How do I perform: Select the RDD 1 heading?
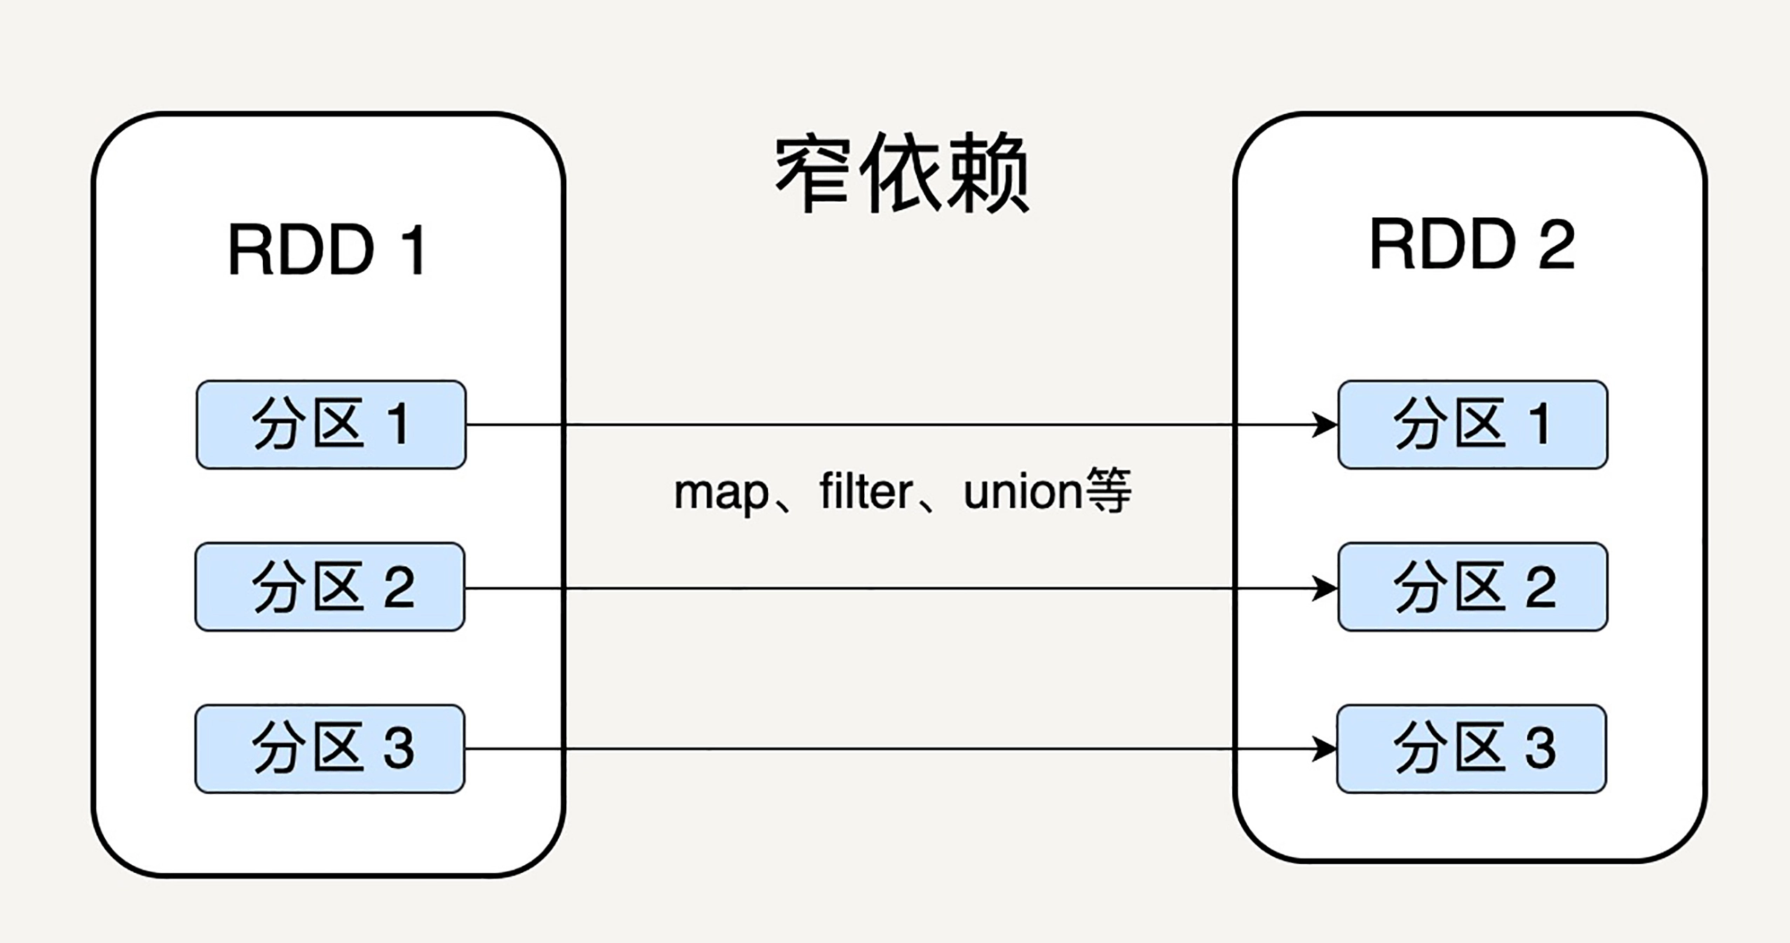coord(327,249)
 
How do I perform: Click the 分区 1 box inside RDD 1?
coord(331,425)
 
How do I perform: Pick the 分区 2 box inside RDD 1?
coord(330,587)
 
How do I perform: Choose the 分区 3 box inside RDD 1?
coord(330,749)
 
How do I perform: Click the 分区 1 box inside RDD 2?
coord(1473,425)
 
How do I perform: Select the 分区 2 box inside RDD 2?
coord(1473,587)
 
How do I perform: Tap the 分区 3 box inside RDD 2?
coord(1472,749)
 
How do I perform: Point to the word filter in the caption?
coord(865,492)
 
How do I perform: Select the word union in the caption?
coord(1023,492)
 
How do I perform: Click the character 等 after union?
coord(1107,490)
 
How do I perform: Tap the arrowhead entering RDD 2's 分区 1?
coord(1325,425)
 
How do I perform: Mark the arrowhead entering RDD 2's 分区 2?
coord(1325,588)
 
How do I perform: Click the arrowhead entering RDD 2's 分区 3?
coord(1325,749)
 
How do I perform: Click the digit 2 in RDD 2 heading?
coord(1557,245)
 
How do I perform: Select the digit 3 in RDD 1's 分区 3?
coord(399,748)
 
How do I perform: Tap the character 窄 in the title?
coord(813,173)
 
